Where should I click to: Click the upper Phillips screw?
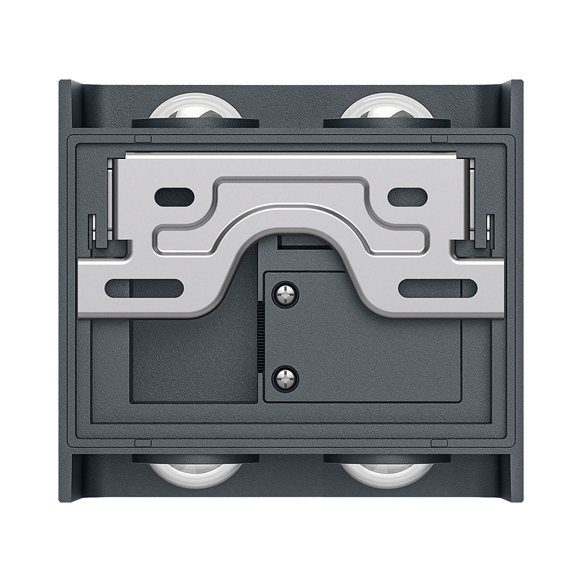(x=286, y=294)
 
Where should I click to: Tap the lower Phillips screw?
(x=286, y=378)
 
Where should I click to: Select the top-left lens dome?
(x=195, y=108)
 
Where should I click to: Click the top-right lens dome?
(x=386, y=108)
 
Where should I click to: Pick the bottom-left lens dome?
(x=195, y=473)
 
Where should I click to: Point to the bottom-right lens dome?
(x=386, y=473)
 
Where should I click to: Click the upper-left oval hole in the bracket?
(x=174, y=197)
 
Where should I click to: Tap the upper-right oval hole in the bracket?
(x=407, y=197)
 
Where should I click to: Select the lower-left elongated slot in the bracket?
(x=145, y=288)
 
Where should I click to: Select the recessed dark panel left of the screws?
(x=192, y=361)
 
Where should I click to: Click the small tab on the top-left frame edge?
(x=143, y=139)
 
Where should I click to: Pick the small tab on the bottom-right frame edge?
(x=439, y=443)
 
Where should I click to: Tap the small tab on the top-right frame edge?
(x=439, y=139)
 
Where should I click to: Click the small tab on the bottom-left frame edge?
(x=143, y=443)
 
